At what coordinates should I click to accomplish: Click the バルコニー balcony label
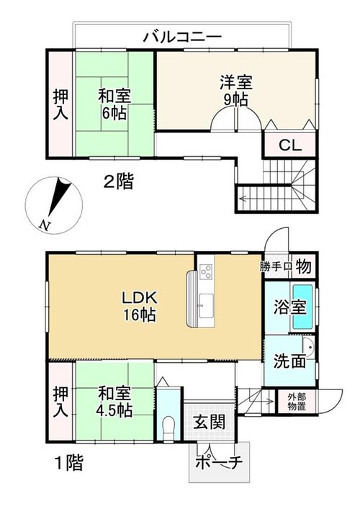click(182, 37)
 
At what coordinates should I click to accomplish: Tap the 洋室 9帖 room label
click(236, 91)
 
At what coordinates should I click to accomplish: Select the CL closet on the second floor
click(289, 144)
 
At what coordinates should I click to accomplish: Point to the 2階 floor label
click(118, 181)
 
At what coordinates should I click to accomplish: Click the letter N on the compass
click(44, 225)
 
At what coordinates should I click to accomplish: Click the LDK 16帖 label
click(140, 306)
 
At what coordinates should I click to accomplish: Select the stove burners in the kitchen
click(207, 271)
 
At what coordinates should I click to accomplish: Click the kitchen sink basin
click(206, 306)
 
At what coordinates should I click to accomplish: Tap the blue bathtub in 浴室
click(302, 307)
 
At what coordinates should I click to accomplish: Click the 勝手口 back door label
click(276, 266)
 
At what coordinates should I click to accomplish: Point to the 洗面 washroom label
click(289, 361)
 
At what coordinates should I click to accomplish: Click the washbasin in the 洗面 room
click(310, 348)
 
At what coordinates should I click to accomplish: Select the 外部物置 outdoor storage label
click(297, 402)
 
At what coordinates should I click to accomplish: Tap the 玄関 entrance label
click(210, 422)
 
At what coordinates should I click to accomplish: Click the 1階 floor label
click(69, 464)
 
